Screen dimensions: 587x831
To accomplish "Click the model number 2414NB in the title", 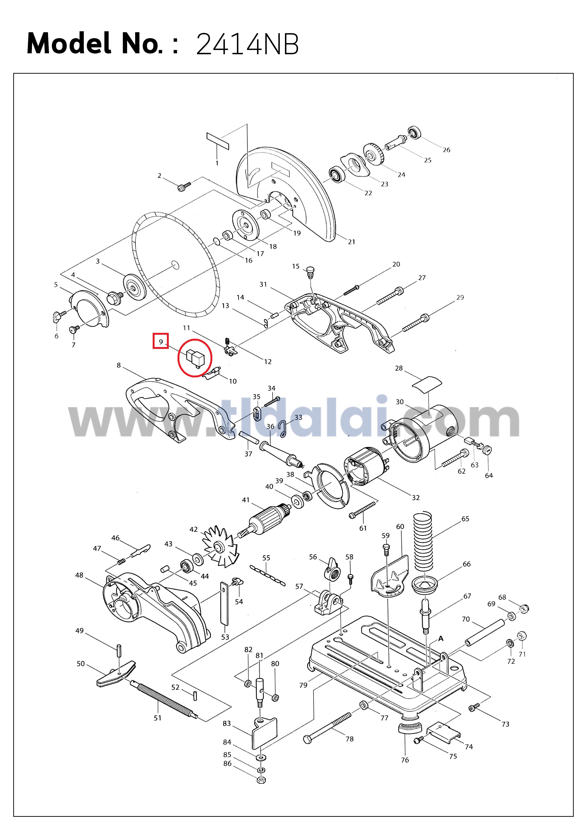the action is pyautogui.click(x=247, y=44).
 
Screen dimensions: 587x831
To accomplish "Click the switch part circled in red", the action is pyautogui.click(x=195, y=358).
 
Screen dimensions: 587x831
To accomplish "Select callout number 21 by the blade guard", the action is pyautogui.click(x=351, y=242).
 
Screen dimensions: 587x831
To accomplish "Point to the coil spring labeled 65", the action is pyautogui.click(x=423, y=540).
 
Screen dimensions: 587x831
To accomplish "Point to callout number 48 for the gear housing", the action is pyautogui.click(x=79, y=575).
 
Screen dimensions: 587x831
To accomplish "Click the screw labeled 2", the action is pyautogui.click(x=184, y=187).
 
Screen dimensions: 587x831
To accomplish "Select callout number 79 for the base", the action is pyautogui.click(x=303, y=685).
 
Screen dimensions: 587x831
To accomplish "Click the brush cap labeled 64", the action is pyautogui.click(x=487, y=451).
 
